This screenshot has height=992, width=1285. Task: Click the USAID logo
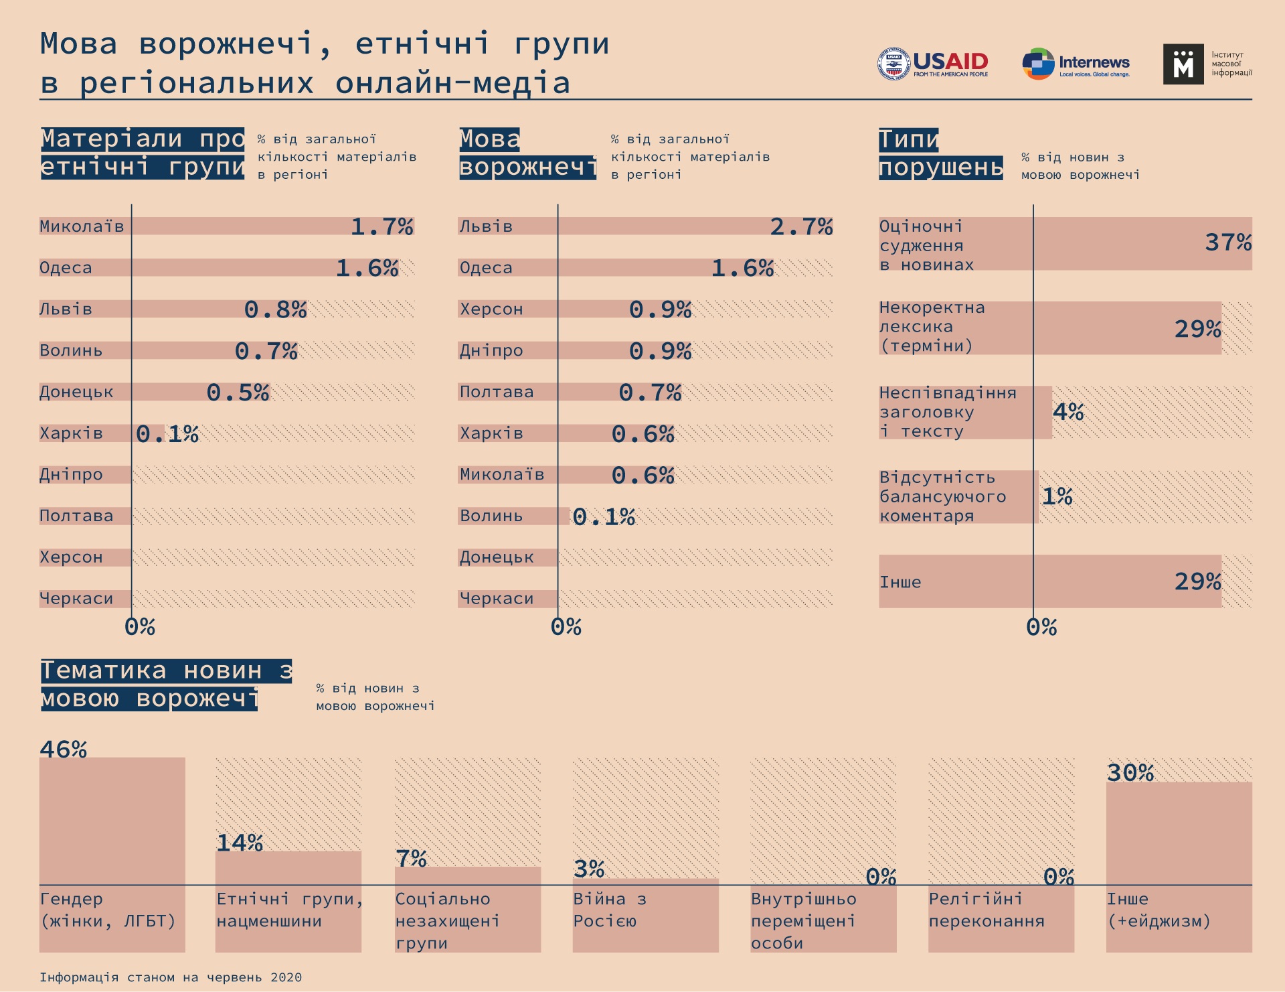pyautogui.click(x=933, y=64)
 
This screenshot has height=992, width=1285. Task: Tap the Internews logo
pyautogui.click(x=1076, y=64)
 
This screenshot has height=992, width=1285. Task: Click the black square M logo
pyautogui.click(x=1183, y=64)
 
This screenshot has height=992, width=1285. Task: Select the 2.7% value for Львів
pyautogui.click(x=801, y=227)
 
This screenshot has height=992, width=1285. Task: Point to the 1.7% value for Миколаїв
pyautogui.click(x=381, y=227)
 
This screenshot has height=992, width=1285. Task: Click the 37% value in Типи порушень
pyautogui.click(x=1228, y=242)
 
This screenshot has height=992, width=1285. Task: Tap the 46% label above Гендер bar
pyautogui.click(x=63, y=750)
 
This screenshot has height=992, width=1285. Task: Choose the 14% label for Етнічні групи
pyautogui.click(x=240, y=843)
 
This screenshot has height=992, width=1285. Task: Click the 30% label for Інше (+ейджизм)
pyautogui.click(x=1130, y=773)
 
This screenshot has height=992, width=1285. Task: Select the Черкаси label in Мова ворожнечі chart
pyautogui.click(x=497, y=599)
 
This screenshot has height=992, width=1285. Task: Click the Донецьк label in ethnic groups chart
pyautogui.click(x=76, y=392)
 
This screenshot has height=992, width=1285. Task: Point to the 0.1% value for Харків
pyautogui.click(x=167, y=434)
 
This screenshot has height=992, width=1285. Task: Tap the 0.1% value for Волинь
pyautogui.click(x=604, y=516)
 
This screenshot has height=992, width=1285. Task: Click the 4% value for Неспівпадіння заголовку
pyautogui.click(x=1067, y=411)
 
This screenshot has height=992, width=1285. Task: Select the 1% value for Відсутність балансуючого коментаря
pyautogui.click(x=1057, y=496)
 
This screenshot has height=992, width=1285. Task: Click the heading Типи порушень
pyautogui.click(x=940, y=153)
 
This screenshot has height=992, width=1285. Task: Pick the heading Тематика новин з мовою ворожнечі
pyautogui.click(x=166, y=685)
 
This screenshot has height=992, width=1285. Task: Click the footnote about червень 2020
pyautogui.click(x=171, y=977)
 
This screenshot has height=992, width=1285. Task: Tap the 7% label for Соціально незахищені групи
pyautogui.click(x=411, y=859)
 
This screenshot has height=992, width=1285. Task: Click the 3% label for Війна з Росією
pyautogui.click(x=589, y=869)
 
